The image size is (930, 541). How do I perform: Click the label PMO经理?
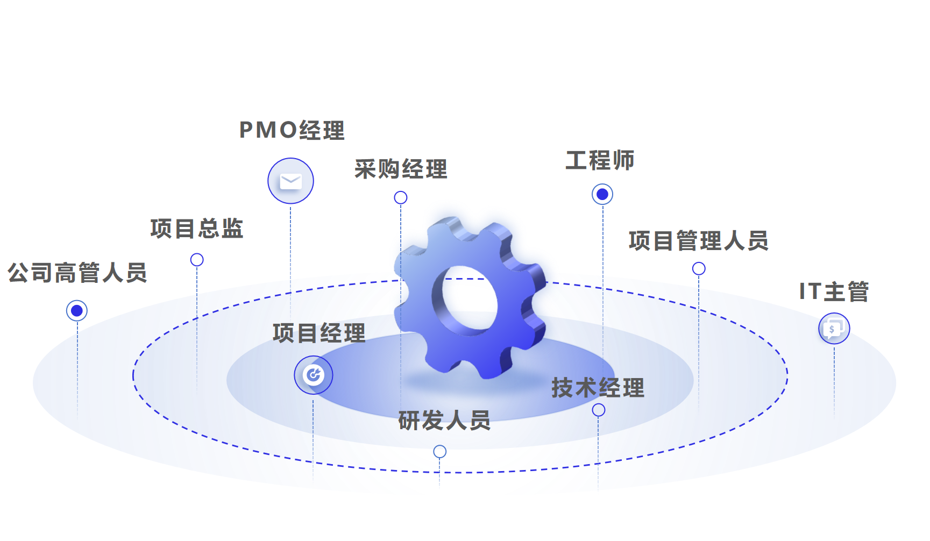(292, 130)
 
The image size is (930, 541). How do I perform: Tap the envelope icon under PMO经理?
(290, 181)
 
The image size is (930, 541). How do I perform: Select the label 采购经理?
(401, 169)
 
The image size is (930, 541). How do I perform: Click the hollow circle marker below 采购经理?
(401, 198)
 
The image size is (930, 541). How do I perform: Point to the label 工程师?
(600, 160)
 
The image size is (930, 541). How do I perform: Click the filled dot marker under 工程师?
(602, 194)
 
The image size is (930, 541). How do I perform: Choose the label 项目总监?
(197, 229)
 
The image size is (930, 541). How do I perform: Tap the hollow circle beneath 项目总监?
(197, 260)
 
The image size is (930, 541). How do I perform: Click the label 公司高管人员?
(77, 273)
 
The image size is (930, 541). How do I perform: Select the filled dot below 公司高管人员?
(77, 311)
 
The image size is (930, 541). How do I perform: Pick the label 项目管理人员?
(698, 240)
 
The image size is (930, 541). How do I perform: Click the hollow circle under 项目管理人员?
(699, 268)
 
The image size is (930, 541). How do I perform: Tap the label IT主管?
(834, 291)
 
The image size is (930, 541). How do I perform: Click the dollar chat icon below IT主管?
(834, 328)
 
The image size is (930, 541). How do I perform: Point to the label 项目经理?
(319, 333)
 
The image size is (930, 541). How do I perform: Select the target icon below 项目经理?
(313, 375)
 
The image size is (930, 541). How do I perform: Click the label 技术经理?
(598, 388)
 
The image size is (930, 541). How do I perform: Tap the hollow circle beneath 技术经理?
(598, 410)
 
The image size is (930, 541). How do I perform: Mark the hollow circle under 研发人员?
(440, 452)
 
